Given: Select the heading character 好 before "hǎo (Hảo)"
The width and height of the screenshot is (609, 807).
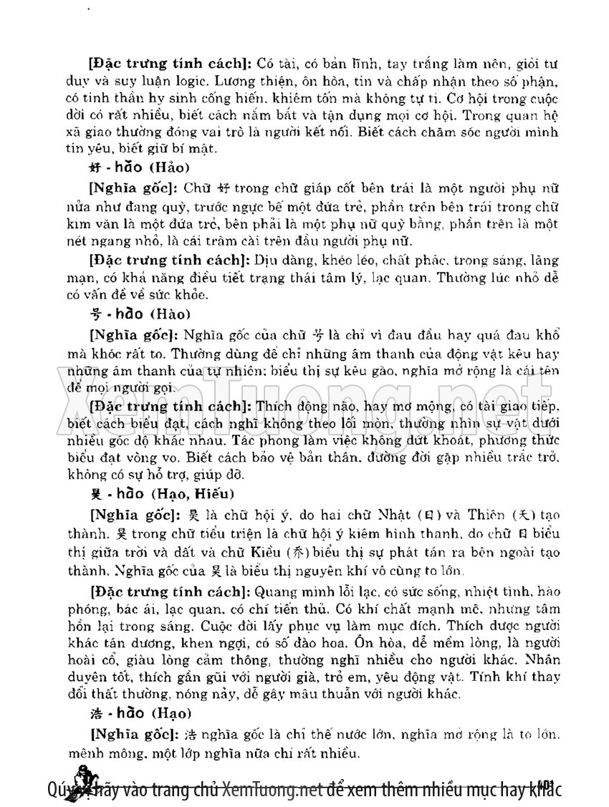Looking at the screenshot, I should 90,169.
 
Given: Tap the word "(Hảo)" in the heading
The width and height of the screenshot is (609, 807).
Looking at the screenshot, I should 169,169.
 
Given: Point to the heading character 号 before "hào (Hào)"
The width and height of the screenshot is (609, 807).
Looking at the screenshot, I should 90,314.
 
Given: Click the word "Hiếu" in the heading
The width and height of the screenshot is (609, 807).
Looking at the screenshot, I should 208,495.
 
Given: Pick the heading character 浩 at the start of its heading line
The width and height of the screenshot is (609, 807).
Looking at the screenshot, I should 90,713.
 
